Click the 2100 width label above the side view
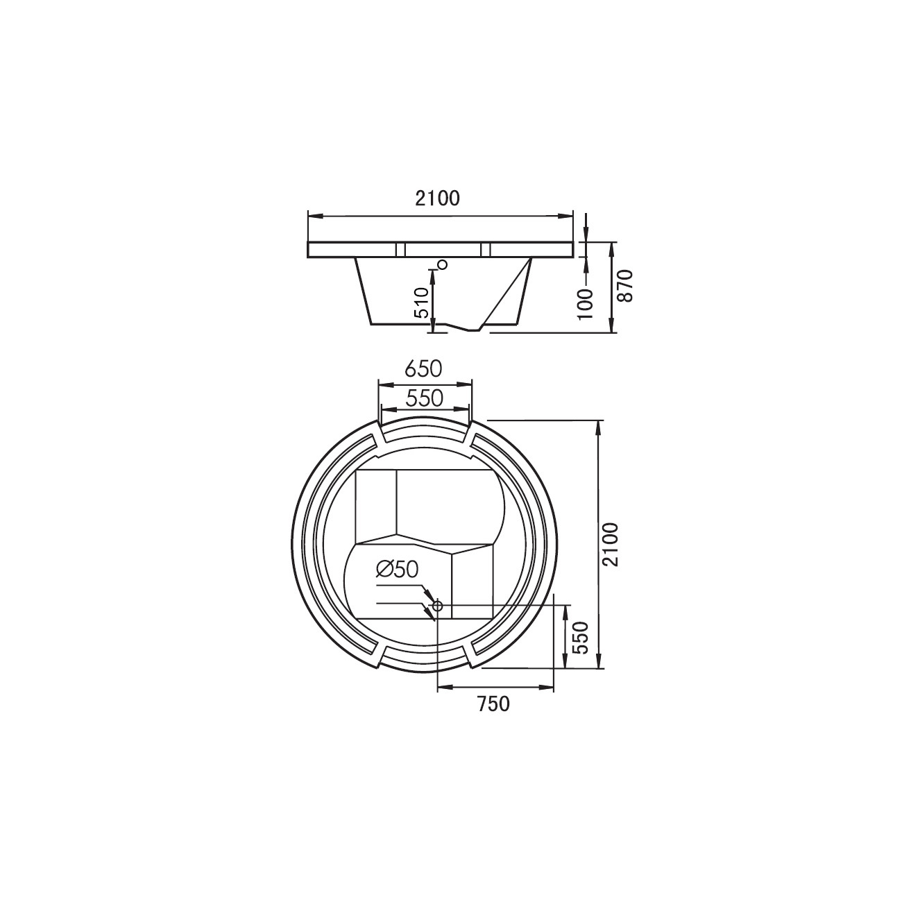coord(438,198)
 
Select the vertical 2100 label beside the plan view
coord(611,545)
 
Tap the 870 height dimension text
coord(626,286)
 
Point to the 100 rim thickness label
coord(586,304)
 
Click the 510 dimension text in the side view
coord(422,303)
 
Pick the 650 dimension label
coord(424,369)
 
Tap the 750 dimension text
coord(493,717)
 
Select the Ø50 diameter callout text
coord(397,570)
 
